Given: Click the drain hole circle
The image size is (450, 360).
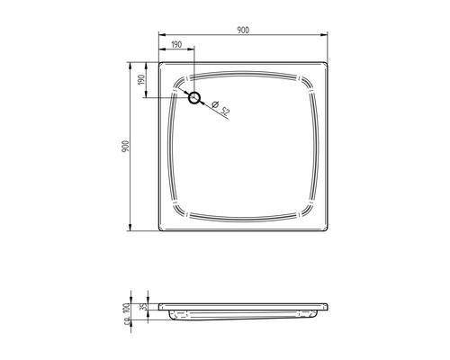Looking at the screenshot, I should point(194,97).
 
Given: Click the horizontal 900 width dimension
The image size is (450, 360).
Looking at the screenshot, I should point(243,30).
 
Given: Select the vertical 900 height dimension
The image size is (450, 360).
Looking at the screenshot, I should point(127,147).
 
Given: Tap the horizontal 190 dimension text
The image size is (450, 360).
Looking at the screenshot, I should point(175,43).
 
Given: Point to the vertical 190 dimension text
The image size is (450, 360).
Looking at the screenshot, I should point(141,80).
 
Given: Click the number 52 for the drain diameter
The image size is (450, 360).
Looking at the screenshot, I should point(226,112).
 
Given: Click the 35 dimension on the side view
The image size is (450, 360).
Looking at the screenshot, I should point(145,305).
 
